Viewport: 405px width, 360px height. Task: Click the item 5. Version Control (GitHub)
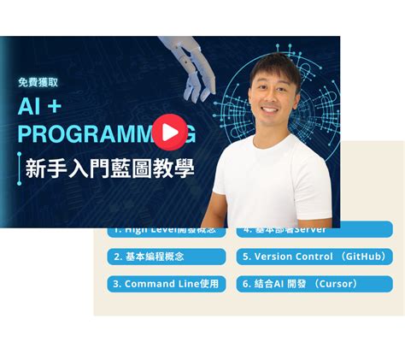(x=314, y=257)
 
